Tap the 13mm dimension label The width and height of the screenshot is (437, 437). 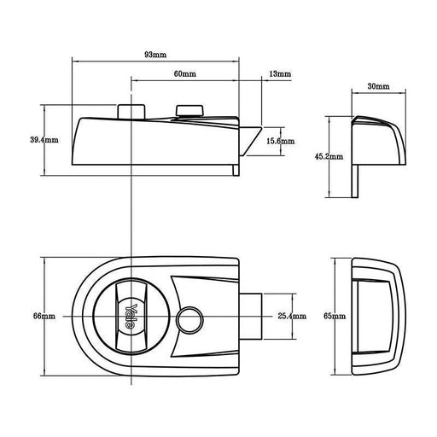click(x=278, y=75)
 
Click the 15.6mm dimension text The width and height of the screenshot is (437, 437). click(x=280, y=140)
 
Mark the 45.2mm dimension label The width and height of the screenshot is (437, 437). click(x=329, y=156)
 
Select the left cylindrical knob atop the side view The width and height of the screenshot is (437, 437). click(x=131, y=113)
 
